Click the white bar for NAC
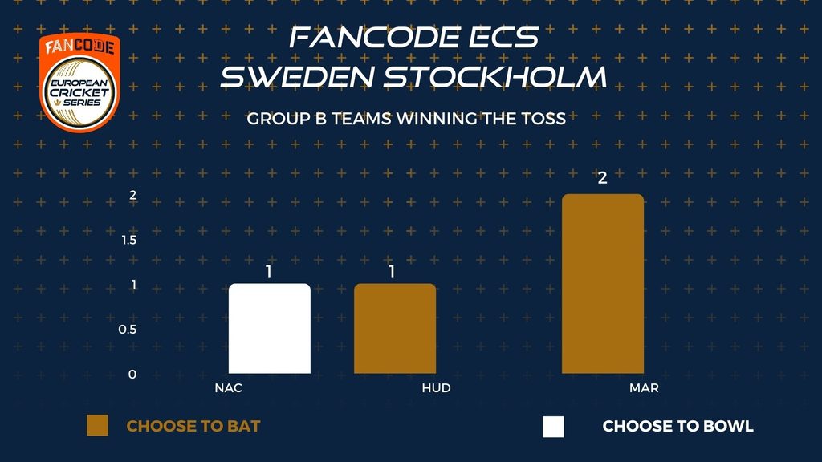pos(270,328)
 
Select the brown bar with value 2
pos(603,283)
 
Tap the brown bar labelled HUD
pos(395,328)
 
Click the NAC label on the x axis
pos(229,388)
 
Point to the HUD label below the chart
pos(436,388)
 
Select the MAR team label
pos(644,388)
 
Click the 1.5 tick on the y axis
pos(129,240)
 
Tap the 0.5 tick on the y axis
pos(128,330)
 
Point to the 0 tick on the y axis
pos(132,375)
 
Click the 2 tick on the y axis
pos(132,195)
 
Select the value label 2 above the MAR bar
pos(602,178)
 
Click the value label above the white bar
pos(269,271)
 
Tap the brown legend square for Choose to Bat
pos(97,425)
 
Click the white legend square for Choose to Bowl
pos(553,427)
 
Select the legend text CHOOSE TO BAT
pos(193,427)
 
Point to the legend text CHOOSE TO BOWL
pos(678,427)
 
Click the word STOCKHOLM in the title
pos(495,76)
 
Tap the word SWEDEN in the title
pos(297,76)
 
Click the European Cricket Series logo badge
pos(79,83)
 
